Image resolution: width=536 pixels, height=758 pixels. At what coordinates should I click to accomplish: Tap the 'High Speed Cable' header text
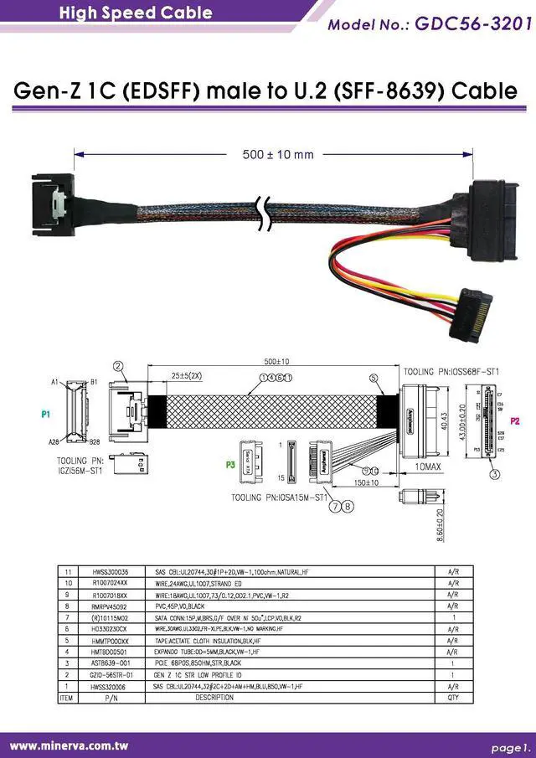point(136,13)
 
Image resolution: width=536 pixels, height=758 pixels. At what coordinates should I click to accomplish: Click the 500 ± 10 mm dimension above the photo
point(278,154)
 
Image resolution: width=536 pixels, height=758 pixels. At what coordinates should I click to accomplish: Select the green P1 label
point(46,414)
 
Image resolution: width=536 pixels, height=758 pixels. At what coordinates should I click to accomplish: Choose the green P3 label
point(229,463)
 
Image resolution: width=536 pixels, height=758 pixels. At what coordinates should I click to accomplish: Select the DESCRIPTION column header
point(214,697)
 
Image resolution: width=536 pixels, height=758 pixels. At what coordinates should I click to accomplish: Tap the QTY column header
point(452,697)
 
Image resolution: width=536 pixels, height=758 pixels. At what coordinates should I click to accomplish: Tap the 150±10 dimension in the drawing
point(365,482)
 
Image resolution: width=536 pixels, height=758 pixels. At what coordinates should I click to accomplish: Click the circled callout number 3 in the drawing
point(494,475)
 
